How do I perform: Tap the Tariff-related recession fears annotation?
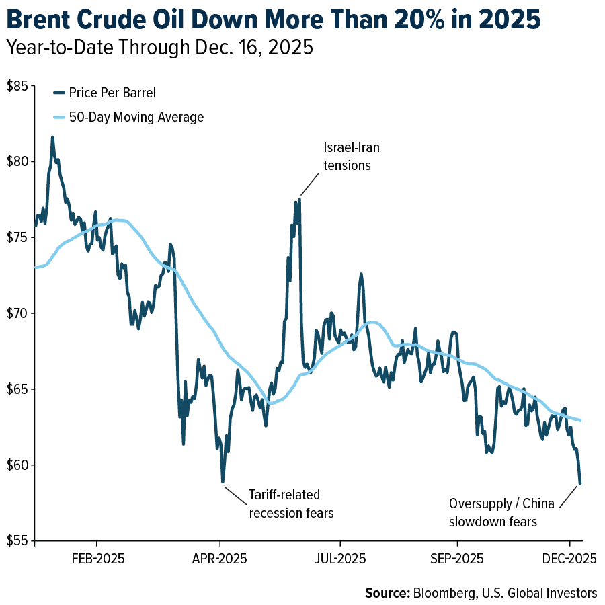[291, 503]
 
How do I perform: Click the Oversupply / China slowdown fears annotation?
[501, 512]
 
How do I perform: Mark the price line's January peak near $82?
[52, 137]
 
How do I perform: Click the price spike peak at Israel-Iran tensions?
[299, 199]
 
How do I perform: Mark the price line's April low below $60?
[223, 482]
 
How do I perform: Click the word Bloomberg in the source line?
[440, 593]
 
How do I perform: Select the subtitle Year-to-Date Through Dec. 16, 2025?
[159, 50]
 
